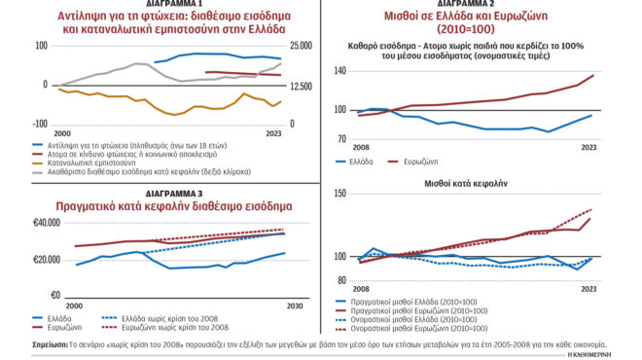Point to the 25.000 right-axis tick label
pos(302,46)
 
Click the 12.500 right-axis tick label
pos(302,86)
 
